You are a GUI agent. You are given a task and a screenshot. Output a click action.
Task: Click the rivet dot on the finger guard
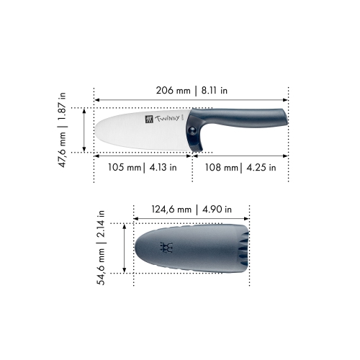[x=195, y=128]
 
